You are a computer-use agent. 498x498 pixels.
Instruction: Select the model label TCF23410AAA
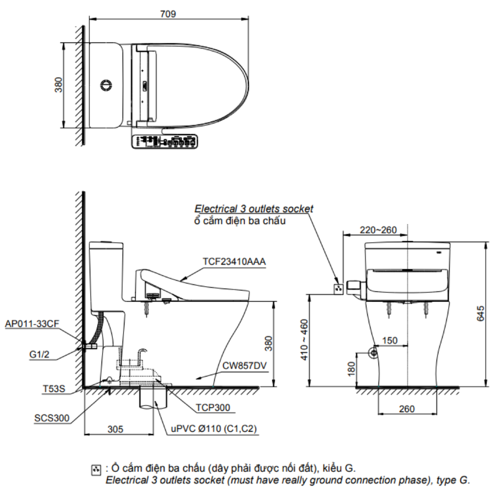pos(234,262)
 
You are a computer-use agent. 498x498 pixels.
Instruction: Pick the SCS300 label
pos(52,418)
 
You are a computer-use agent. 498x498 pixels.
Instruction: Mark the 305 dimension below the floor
pos(115,429)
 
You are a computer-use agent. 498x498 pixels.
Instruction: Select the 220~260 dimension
pos(377,230)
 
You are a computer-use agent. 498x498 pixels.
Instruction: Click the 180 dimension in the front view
pos(350,369)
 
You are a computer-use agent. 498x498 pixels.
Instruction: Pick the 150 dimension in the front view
pos(390,341)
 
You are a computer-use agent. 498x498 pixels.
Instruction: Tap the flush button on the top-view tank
pos(106,85)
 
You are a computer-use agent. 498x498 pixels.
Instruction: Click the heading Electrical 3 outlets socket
pos(254,209)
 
